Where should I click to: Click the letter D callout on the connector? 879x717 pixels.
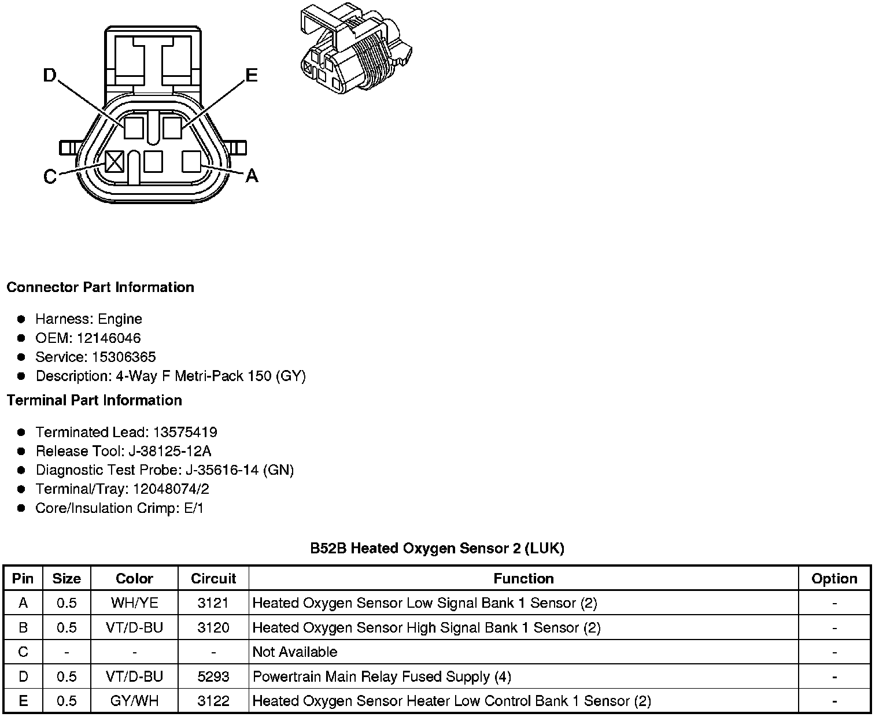50,75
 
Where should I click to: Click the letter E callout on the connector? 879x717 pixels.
251,75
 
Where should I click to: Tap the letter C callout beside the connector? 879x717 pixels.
50,176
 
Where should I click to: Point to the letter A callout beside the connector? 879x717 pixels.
251,175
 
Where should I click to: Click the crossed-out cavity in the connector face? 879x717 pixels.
115,161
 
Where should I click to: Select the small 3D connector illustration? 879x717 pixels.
355,49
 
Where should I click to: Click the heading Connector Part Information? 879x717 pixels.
100,287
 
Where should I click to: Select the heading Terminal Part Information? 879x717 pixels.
94,400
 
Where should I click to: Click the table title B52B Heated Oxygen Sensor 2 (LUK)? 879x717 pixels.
437,548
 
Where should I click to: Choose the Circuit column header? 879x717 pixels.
213,578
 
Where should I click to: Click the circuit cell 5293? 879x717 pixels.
213,677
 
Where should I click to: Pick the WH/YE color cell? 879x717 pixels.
134,603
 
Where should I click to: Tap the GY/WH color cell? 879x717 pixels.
134,701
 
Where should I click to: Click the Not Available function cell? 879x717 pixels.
295,652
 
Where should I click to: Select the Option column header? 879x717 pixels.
834,578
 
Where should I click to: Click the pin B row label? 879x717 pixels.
23,628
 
